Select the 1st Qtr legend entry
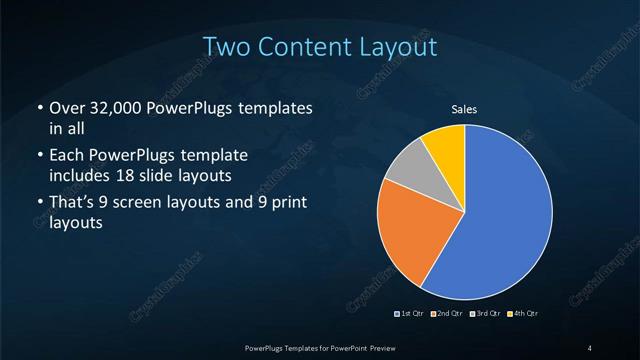pos(412,314)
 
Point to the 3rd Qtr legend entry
pos(487,314)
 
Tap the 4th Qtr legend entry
pos(524,314)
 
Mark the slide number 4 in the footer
pos(590,347)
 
